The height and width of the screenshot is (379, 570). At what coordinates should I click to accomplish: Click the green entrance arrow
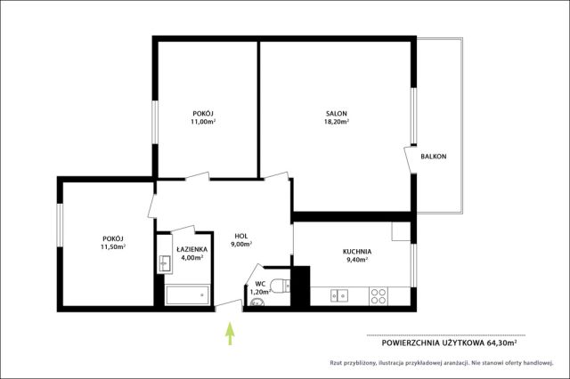click(230, 334)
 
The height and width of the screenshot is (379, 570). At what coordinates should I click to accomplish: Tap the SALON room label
click(337, 114)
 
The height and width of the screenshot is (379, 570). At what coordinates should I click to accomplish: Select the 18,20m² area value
click(337, 122)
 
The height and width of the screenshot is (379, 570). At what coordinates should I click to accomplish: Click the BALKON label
click(434, 157)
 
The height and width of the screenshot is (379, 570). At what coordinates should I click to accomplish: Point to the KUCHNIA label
click(357, 252)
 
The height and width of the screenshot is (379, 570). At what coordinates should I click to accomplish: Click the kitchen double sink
click(339, 296)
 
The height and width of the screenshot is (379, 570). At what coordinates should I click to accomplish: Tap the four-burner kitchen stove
click(379, 296)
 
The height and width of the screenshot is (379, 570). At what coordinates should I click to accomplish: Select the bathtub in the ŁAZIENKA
click(187, 295)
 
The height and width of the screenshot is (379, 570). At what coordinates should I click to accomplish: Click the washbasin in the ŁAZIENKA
click(165, 262)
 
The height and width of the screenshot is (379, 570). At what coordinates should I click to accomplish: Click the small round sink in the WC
click(257, 302)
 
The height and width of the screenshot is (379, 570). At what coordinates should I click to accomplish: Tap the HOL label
click(241, 237)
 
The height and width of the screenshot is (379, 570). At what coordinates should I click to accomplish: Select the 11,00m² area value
click(203, 122)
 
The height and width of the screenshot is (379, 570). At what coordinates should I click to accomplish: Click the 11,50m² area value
click(113, 246)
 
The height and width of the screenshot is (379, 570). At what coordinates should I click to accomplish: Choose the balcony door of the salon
click(410, 160)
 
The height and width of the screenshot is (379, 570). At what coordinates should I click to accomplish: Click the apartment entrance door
click(229, 306)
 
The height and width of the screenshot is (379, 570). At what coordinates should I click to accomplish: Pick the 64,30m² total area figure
click(501, 343)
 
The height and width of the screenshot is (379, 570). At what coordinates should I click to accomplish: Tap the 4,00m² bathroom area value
click(192, 258)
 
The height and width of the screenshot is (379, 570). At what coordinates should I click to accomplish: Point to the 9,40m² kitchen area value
click(356, 260)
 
